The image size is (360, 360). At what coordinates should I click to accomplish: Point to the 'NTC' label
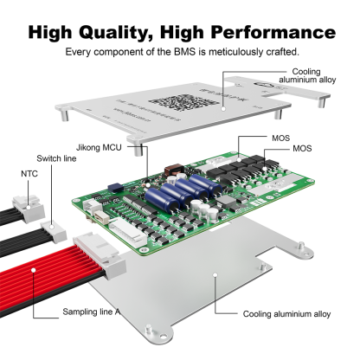click(30, 174)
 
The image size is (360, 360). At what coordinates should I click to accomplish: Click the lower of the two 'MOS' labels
click(301, 148)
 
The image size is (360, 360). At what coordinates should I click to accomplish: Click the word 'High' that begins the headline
click(55, 33)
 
